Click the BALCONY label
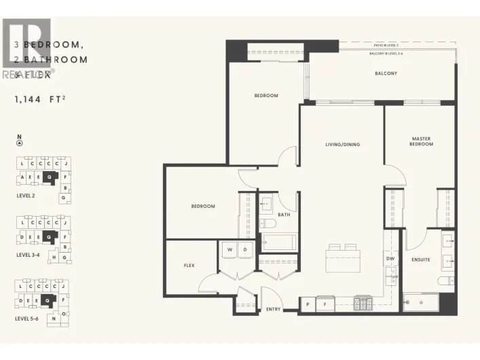[x=386, y=73]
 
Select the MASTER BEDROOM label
[x=421, y=142]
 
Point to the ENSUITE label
[x=420, y=259]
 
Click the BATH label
[x=284, y=215]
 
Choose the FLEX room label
[x=189, y=265]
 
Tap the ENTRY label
[x=273, y=309]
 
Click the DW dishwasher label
[x=390, y=258]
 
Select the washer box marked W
[x=229, y=250]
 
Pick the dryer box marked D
[x=246, y=250]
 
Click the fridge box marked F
[x=325, y=305]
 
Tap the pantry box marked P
[x=308, y=305]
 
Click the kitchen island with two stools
[x=342, y=258]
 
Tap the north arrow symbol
[x=19, y=143]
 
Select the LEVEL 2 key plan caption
[x=25, y=194]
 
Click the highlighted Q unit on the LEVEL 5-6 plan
[x=47, y=299]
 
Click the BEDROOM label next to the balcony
[x=266, y=96]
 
